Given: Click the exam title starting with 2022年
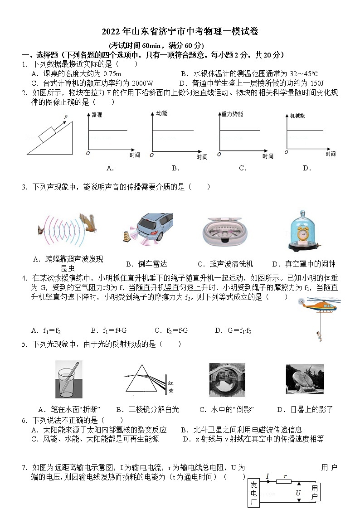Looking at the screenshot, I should (x=180, y=31).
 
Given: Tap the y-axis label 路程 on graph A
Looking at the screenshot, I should (x=97, y=115).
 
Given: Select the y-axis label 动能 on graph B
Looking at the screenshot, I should (x=161, y=113).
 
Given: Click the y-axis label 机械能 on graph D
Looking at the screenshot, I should (x=297, y=116).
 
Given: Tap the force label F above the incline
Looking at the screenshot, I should (x=66, y=117).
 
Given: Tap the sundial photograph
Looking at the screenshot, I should (x=304, y=379).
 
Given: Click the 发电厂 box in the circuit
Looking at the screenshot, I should (x=254, y=493).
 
